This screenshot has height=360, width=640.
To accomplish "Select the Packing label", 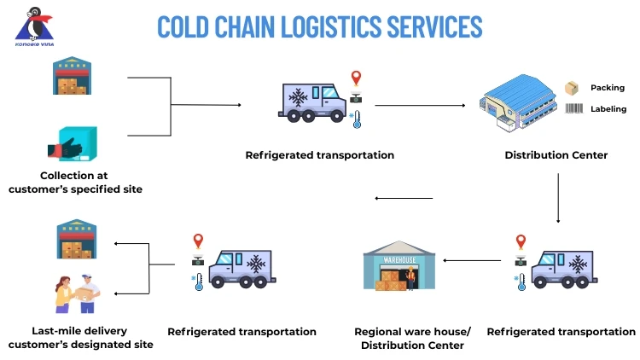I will (x=608, y=88).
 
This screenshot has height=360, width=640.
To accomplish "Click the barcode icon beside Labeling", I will (x=574, y=108).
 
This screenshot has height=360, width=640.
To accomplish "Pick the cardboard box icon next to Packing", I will (x=573, y=88).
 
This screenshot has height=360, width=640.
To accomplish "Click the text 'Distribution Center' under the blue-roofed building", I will (x=556, y=155).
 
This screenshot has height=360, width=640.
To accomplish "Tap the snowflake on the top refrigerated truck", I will (x=299, y=98).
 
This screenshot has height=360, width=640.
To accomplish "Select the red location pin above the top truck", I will (x=356, y=78).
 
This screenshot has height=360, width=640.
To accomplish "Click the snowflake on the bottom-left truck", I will (x=253, y=264).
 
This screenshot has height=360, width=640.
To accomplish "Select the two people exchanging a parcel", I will (x=78, y=294).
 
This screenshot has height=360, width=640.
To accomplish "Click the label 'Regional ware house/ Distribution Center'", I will (x=412, y=339).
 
